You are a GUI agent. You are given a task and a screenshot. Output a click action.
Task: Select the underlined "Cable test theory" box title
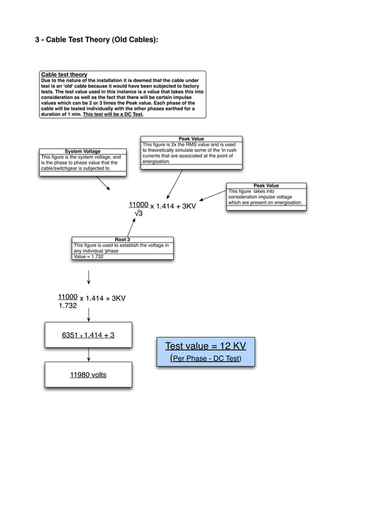coord(64,75)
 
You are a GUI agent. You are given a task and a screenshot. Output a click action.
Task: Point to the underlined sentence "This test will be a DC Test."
coord(113,114)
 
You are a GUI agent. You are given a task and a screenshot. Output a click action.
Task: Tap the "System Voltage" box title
coord(82,152)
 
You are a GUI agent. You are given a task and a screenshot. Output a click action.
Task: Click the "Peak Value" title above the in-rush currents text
coord(191,139)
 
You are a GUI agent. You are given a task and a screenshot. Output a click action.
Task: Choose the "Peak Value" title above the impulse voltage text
coord(266,186)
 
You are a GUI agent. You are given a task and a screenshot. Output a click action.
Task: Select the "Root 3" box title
coord(122,239)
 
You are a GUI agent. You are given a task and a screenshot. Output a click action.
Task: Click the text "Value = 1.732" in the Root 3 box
coord(88,256)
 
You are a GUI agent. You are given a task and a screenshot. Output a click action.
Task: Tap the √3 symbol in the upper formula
coord(139,214)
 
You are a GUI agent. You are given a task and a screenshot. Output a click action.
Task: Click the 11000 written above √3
coord(138,205)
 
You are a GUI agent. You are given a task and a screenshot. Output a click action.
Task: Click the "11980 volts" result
coord(88,374)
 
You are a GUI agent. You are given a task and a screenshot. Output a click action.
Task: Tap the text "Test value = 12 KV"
coord(205,346)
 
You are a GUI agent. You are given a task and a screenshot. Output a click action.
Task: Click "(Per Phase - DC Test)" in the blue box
coord(205,359)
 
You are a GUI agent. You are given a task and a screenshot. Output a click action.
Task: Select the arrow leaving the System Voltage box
coord(103,183)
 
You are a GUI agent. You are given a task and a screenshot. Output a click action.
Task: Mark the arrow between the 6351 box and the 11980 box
coord(88,355)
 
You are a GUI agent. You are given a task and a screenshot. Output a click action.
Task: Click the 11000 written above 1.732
coord(68,297)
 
